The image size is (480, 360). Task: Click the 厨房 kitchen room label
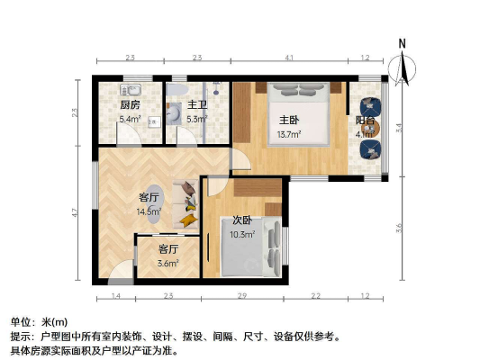[x=130, y=104]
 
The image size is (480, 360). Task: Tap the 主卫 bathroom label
[x=197, y=104]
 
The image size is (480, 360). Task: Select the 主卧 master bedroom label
[x=288, y=121]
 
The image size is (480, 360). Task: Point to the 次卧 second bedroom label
[x=241, y=220]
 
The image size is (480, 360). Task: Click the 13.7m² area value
[x=288, y=136]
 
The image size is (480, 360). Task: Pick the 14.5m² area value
[x=149, y=211]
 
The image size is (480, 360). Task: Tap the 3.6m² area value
[x=168, y=263]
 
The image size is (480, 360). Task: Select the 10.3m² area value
[x=241, y=235]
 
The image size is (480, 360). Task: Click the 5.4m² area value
[x=130, y=119]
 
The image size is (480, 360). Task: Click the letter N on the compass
[x=403, y=43]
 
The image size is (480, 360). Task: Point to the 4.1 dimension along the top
[x=289, y=58]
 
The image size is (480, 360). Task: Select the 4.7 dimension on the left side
[x=77, y=212]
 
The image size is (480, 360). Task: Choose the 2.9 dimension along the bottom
[x=242, y=296]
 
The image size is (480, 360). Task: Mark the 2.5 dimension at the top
[x=130, y=58]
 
